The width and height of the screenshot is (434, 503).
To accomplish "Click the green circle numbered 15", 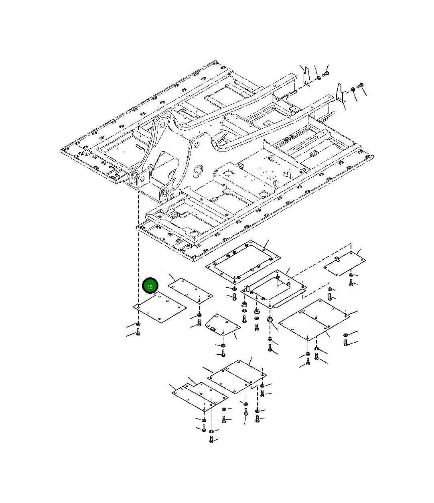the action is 150,286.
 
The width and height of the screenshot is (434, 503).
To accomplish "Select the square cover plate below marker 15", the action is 160,307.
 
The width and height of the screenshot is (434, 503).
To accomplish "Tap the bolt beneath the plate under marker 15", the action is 138,332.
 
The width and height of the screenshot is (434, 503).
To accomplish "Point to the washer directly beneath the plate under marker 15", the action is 138,324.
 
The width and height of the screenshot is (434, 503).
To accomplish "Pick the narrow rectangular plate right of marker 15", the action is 191,291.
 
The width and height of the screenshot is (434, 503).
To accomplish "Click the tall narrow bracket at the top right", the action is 306,77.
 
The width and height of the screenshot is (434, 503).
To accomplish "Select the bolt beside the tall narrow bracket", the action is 325,74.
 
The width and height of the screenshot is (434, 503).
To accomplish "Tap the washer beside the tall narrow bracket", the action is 318,78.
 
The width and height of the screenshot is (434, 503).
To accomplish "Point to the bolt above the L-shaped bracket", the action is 360,85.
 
